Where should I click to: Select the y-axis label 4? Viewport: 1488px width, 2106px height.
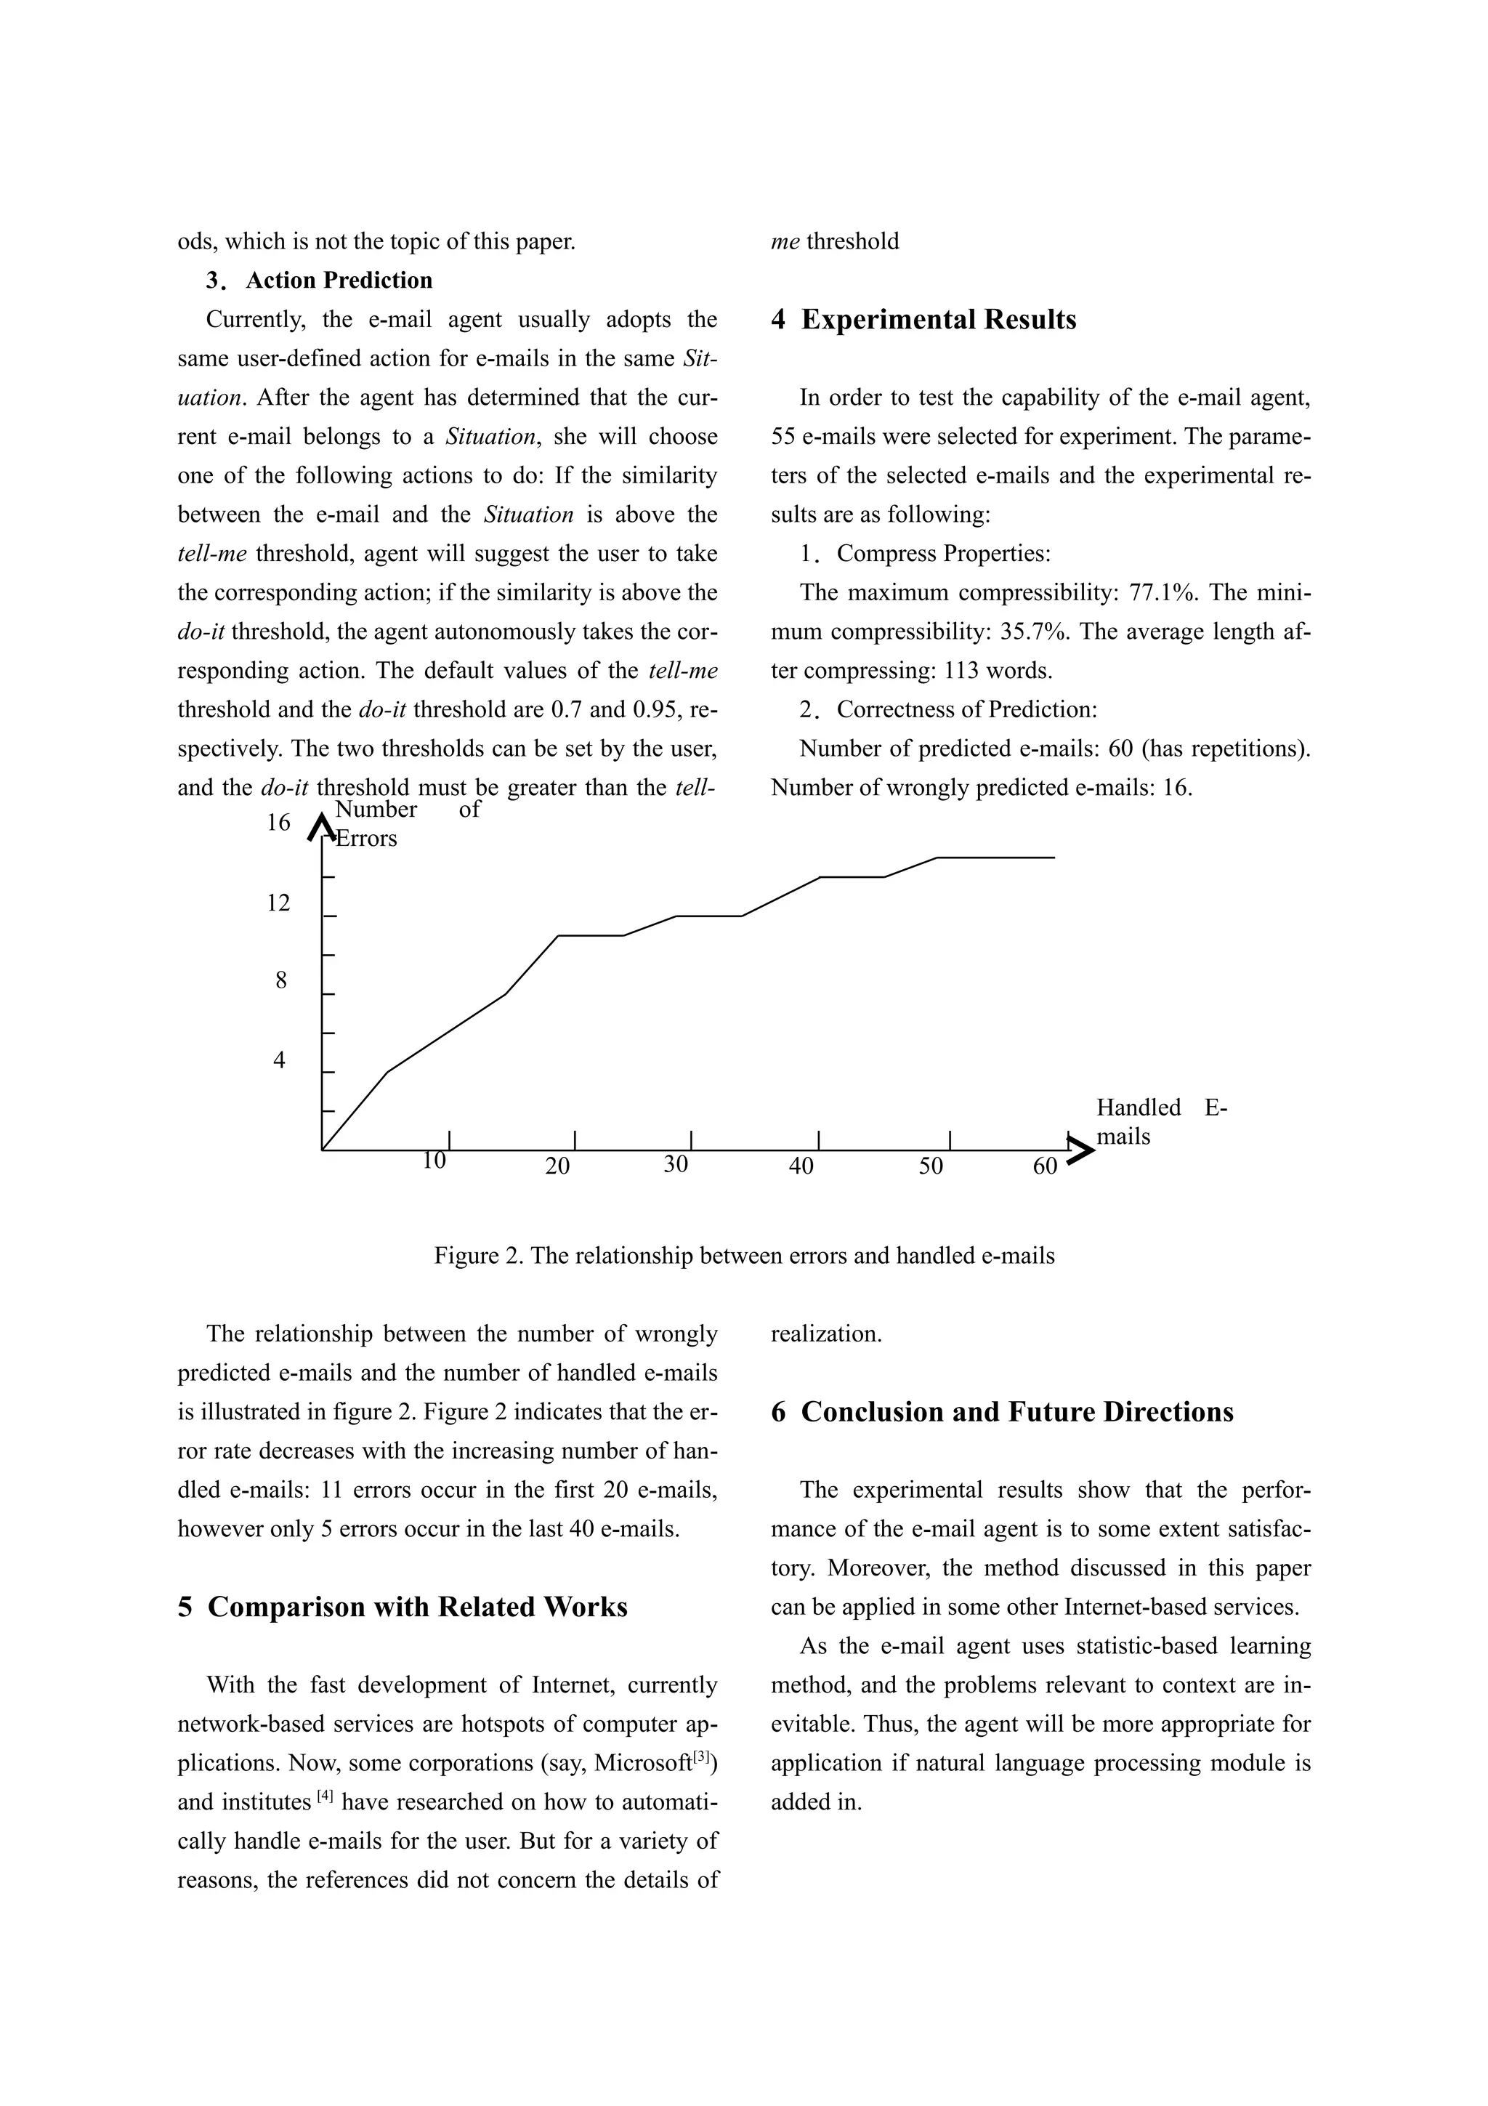[x=279, y=1060]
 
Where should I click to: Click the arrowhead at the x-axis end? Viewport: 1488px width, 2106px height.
[x=1082, y=1150]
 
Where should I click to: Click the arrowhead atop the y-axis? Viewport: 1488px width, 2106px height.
[x=321, y=826]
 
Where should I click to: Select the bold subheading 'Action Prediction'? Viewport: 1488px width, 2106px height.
[x=339, y=280]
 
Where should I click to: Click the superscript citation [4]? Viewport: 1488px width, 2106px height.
[x=325, y=1797]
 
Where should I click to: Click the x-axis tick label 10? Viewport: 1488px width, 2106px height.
[x=434, y=1161]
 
